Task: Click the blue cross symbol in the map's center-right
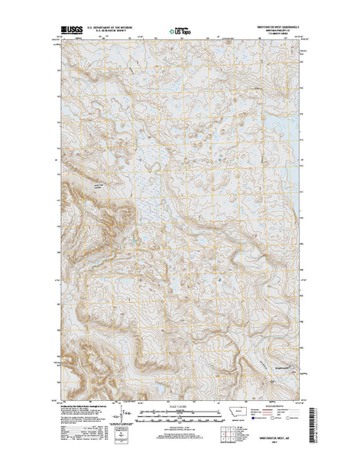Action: [222, 278]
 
